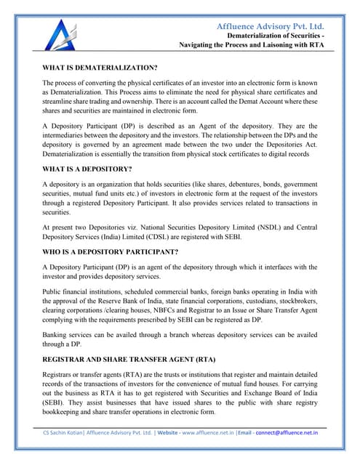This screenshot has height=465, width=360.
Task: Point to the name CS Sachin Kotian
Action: [x=63, y=432]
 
